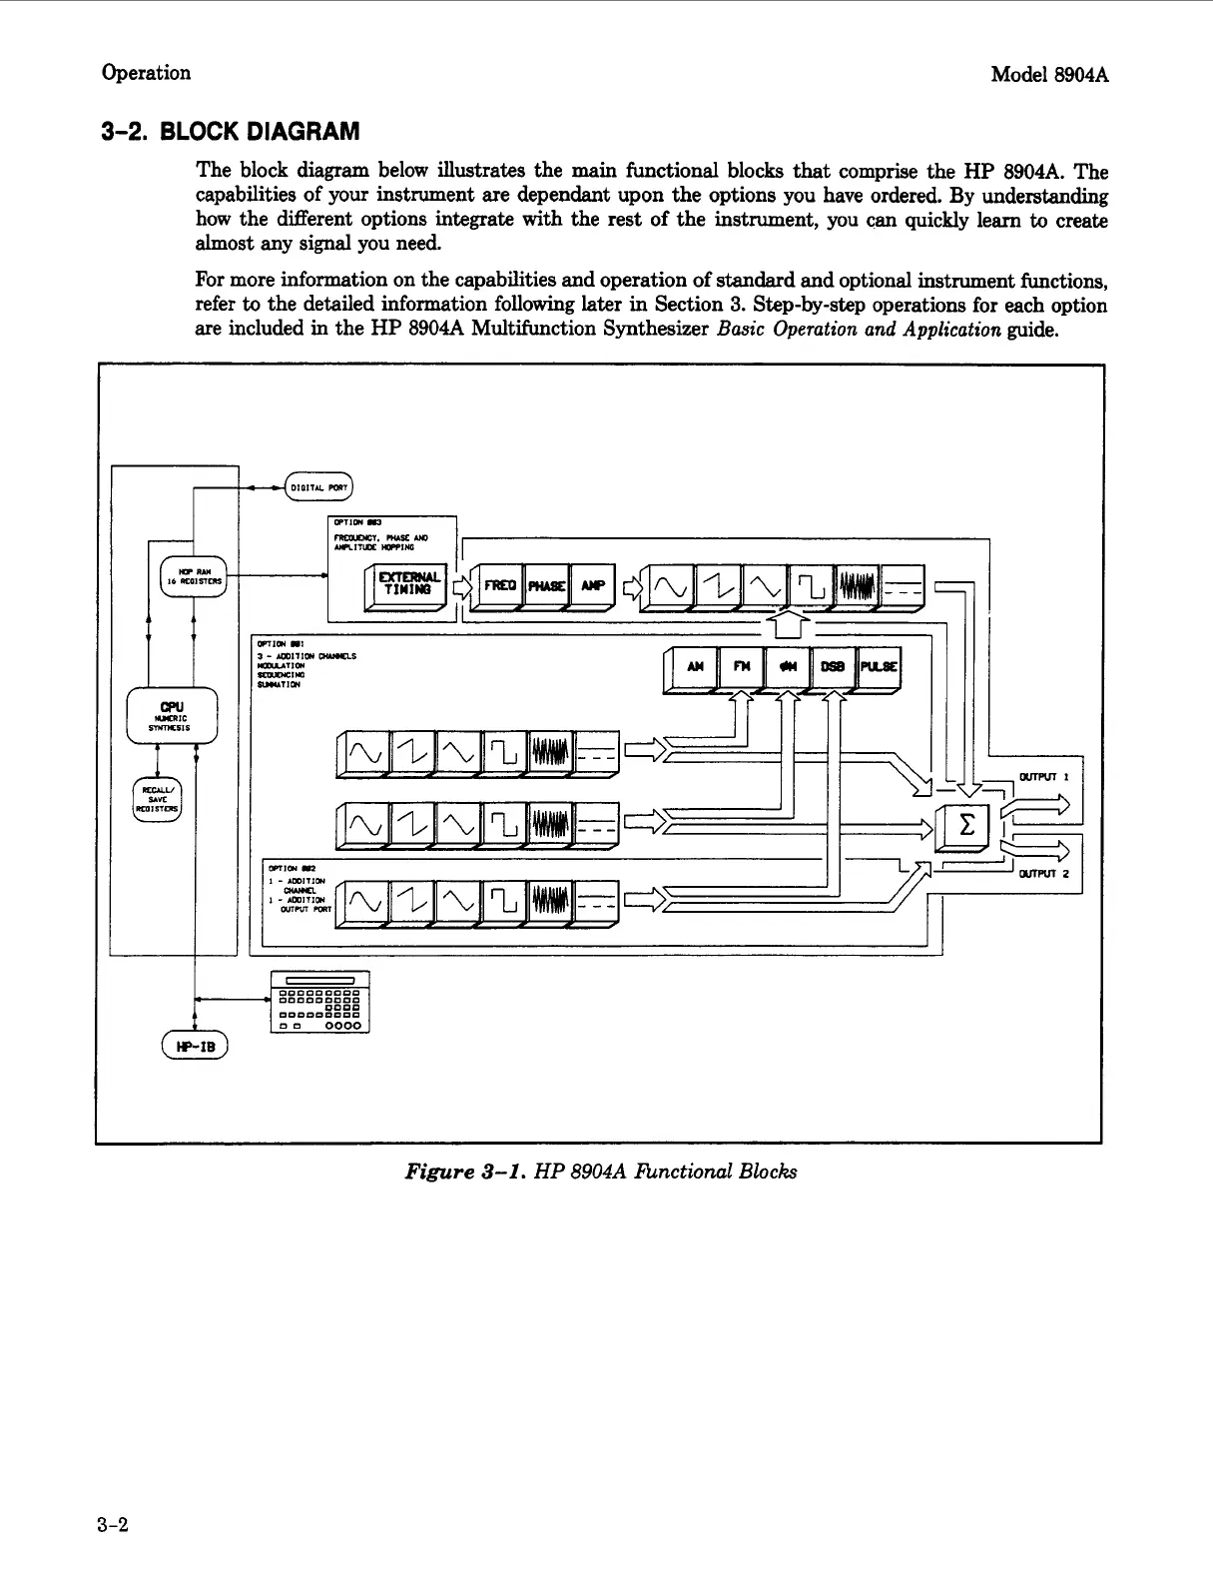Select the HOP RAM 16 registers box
coord(195,575)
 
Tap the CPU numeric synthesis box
coord(172,715)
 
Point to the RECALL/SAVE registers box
coord(157,799)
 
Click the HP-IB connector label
coord(195,1046)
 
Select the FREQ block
coord(499,585)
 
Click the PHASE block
coord(546,585)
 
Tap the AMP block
coord(593,585)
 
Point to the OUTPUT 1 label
coord(1043,777)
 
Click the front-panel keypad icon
coord(319,1002)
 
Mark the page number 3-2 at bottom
coord(115,1524)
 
